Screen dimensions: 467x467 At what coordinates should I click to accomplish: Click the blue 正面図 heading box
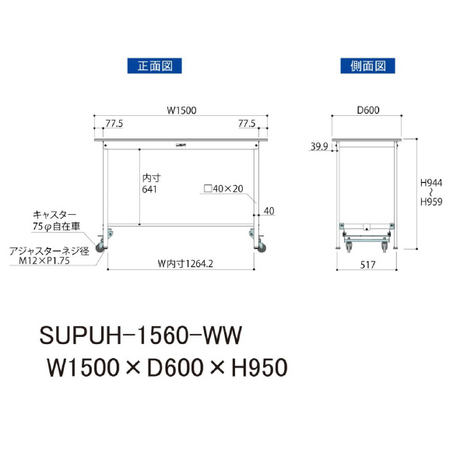pyautogui.click(x=155, y=66)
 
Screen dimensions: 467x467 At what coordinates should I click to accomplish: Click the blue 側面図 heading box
pyautogui.click(x=368, y=66)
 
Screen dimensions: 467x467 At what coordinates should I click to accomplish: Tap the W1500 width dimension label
pyautogui.click(x=181, y=111)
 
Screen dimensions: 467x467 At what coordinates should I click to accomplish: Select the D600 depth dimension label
pyautogui.click(x=368, y=111)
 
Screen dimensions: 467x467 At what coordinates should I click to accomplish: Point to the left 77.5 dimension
pyautogui.click(x=114, y=124)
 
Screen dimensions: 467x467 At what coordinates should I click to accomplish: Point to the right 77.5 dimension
pyautogui.click(x=247, y=123)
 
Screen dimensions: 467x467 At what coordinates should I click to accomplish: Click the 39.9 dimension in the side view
pyautogui.click(x=319, y=146)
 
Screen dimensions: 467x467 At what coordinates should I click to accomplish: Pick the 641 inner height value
pyautogui.click(x=149, y=189)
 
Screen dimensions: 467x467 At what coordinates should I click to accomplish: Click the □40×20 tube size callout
pyautogui.click(x=223, y=188)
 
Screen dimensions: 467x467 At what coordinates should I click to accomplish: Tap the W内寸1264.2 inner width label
pyautogui.click(x=185, y=264)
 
